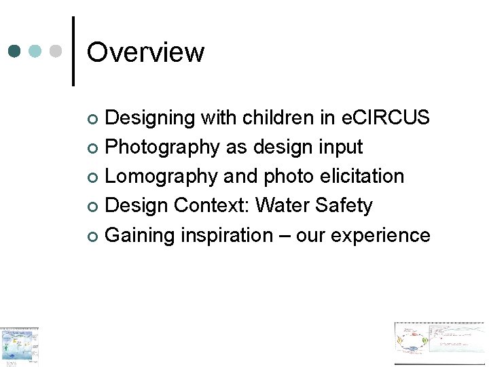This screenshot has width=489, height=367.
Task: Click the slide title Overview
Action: click(x=145, y=52)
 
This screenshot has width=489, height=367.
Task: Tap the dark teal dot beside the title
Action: click(x=16, y=52)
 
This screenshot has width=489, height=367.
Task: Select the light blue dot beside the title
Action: click(x=36, y=52)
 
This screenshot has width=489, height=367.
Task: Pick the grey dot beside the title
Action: click(x=56, y=52)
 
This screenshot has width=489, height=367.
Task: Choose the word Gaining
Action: click(x=141, y=235)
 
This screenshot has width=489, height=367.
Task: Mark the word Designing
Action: click(x=150, y=118)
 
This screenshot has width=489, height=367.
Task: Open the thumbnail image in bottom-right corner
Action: click(x=441, y=344)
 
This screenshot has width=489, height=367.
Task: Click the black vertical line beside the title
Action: click(x=73, y=52)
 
